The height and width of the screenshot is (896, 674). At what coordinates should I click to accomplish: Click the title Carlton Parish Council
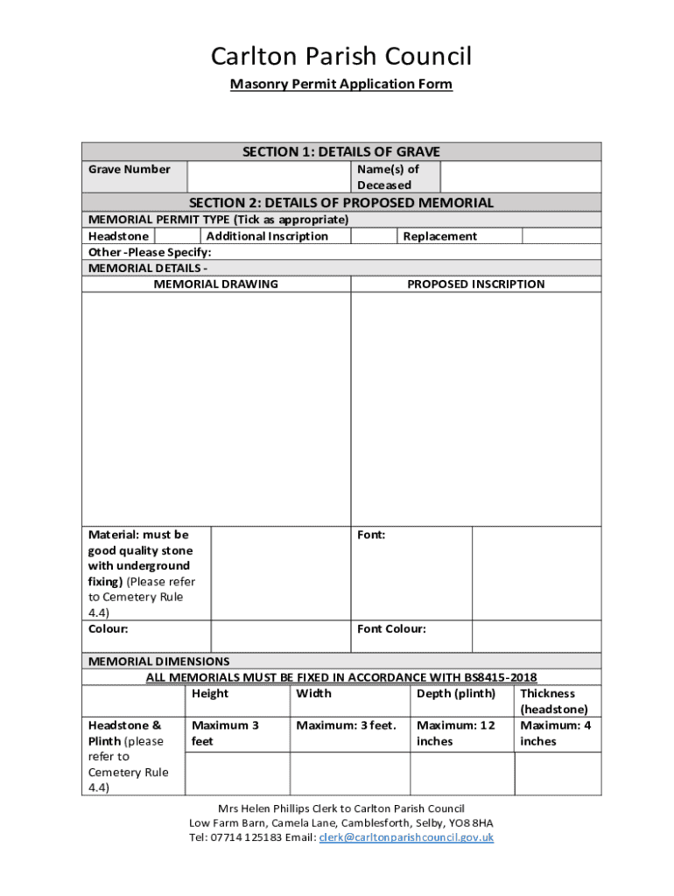coord(341,57)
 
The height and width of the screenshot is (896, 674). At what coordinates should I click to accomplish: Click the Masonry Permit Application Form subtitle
coord(341,85)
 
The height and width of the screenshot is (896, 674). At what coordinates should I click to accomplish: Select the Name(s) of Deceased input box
coord(520,177)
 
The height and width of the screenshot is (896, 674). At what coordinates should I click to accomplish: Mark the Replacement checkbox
coord(561,236)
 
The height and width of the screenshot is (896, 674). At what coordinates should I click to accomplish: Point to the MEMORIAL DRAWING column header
coord(216,283)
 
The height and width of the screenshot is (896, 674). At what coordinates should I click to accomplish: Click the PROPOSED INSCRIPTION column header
coord(475,283)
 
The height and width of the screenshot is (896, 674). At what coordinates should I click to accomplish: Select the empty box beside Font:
coord(536,573)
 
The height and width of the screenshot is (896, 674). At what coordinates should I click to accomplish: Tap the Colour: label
coord(109,629)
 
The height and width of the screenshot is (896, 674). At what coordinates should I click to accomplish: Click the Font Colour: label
coord(391,629)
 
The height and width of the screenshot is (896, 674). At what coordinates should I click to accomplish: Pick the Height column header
coord(210,694)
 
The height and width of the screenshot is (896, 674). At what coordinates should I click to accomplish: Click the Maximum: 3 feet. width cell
coord(347,725)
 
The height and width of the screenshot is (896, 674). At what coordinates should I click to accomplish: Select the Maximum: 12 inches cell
coord(456,733)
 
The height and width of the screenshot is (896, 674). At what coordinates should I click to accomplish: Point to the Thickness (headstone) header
coord(554,702)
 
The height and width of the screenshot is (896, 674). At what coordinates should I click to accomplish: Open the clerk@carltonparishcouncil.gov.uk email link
coord(406,837)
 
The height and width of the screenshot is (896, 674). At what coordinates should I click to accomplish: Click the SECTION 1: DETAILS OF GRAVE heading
coord(341,151)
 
